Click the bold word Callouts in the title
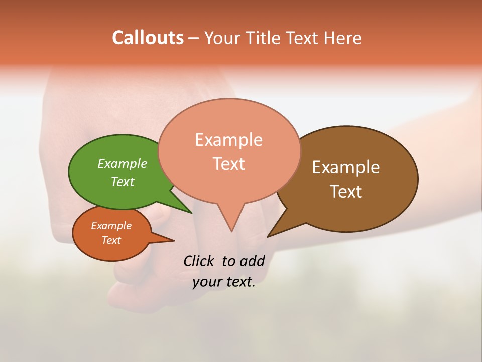coord(148,38)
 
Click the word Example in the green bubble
coord(123,164)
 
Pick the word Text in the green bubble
coord(123,182)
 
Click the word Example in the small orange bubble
coord(111,226)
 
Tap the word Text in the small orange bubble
coord(111,240)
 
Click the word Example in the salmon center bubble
coord(228,140)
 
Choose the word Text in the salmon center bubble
coord(228,164)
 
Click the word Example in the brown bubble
coord(346,167)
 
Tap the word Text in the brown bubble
coord(346,192)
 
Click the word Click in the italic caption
coord(199,261)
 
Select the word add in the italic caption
coord(252,261)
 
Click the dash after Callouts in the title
coord(193,38)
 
